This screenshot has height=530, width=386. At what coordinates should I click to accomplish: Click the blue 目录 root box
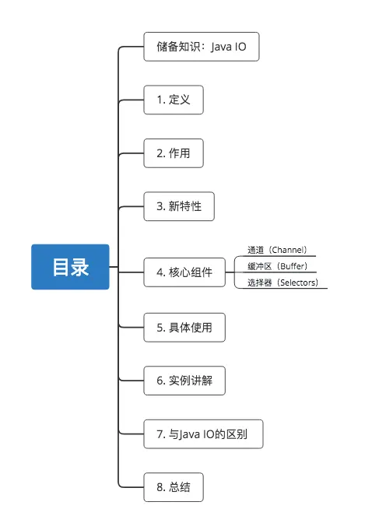click(x=70, y=267)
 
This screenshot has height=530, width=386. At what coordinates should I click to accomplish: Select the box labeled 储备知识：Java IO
click(x=201, y=47)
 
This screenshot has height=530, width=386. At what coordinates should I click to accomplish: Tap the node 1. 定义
click(x=174, y=100)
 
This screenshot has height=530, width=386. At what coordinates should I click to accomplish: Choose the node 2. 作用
click(x=174, y=153)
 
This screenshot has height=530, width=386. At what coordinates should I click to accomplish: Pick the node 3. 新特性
click(x=179, y=206)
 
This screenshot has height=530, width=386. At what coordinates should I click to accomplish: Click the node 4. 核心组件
click(x=184, y=272)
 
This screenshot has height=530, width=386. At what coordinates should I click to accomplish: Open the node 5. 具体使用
click(x=184, y=327)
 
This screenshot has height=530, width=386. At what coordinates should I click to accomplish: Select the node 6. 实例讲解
click(x=184, y=381)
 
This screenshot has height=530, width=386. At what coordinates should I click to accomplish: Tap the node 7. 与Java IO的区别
click(x=203, y=433)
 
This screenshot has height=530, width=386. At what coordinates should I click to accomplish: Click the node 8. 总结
click(x=174, y=487)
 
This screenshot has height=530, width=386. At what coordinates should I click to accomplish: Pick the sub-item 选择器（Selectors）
click(x=282, y=283)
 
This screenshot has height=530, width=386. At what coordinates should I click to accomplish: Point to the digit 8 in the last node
click(x=159, y=487)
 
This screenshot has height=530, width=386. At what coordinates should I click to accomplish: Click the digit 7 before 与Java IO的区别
click(x=159, y=433)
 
